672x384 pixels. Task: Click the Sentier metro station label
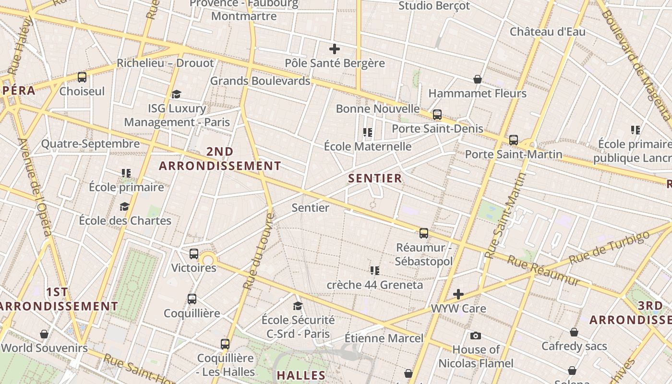pyautogui.click(x=311, y=208)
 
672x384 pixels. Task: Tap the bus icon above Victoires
pyautogui.click(x=194, y=254)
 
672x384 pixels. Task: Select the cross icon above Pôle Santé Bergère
pyautogui.click(x=335, y=49)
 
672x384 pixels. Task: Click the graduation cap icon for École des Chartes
pyautogui.click(x=125, y=207)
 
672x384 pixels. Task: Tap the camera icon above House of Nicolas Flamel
pyautogui.click(x=476, y=336)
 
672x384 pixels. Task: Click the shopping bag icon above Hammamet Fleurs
pyautogui.click(x=478, y=79)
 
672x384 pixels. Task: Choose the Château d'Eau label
pyautogui.click(x=547, y=32)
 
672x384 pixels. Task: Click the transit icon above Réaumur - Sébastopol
pyautogui.click(x=423, y=233)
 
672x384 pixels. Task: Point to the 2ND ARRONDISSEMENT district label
pyautogui.click(x=220, y=159)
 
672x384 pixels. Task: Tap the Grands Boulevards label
pyautogui.click(x=260, y=81)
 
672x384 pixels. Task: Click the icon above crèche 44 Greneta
pyautogui.click(x=375, y=271)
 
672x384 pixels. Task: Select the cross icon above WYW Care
pyautogui.click(x=458, y=294)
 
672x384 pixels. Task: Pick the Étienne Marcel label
pyautogui.click(x=384, y=338)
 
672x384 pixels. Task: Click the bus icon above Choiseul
pyautogui.click(x=82, y=77)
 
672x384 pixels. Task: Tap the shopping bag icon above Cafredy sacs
pyautogui.click(x=574, y=332)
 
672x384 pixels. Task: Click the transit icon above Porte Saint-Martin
pyautogui.click(x=514, y=140)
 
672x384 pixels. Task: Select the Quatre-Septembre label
pyautogui.click(x=90, y=144)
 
